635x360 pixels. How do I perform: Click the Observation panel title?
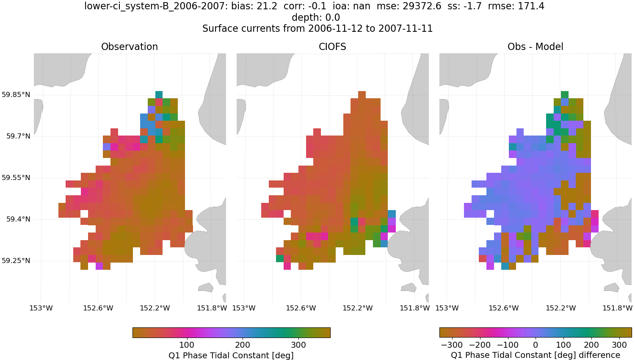[x=130, y=47]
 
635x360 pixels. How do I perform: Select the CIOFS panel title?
[x=332, y=47]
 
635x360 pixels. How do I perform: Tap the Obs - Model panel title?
[x=535, y=47]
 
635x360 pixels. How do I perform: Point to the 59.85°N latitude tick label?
[x=16, y=94]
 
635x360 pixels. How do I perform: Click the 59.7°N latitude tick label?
[x=18, y=136]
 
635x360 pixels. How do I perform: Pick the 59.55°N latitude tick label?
[x=16, y=177]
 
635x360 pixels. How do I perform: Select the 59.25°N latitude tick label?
[x=16, y=260]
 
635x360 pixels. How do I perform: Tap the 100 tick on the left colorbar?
[x=187, y=345]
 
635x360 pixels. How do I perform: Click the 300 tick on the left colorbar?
[x=298, y=345]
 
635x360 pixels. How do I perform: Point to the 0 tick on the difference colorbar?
[x=536, y=345]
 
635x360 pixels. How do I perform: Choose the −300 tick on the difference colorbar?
[x=452, y=345]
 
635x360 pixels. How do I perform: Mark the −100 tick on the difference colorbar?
[x=508, y=345]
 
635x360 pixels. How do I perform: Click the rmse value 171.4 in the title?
[x=531, y=6]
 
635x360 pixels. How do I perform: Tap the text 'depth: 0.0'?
[x=316, y=17]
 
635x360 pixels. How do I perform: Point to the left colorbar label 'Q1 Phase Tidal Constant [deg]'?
[x=231, y=355]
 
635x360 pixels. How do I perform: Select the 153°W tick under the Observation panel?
[x=41, y=308]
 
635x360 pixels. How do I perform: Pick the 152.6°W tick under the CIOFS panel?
[x=301, y=308]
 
